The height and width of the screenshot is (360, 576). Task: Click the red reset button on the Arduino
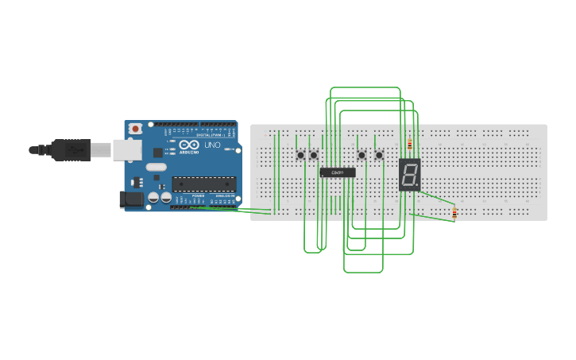click(x=136, y=128)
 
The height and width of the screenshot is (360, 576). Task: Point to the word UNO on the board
click(x=213, y=145)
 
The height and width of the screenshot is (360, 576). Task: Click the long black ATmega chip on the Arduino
click(x=204, y=184)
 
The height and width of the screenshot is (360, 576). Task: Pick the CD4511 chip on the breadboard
click(x=338, y=172)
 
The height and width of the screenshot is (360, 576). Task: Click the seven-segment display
click(x=409, y=175)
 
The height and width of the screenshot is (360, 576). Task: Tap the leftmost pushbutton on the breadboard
click(x=300, y=155)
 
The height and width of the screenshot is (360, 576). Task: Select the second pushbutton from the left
click(x=314, y=155)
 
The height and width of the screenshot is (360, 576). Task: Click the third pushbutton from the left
click(x=362, y=155)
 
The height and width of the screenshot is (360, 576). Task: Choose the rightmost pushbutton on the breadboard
click(x=379, y=155)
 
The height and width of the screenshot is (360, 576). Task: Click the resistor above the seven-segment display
click(x=409, y=145)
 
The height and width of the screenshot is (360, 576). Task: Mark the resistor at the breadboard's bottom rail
click(x=454, y=212)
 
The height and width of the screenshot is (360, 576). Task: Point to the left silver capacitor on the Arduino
click(x=153, y=198)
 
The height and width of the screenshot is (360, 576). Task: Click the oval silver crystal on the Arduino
click(x=157, y=168)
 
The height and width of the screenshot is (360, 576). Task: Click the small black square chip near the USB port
click(x=157, y=152)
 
